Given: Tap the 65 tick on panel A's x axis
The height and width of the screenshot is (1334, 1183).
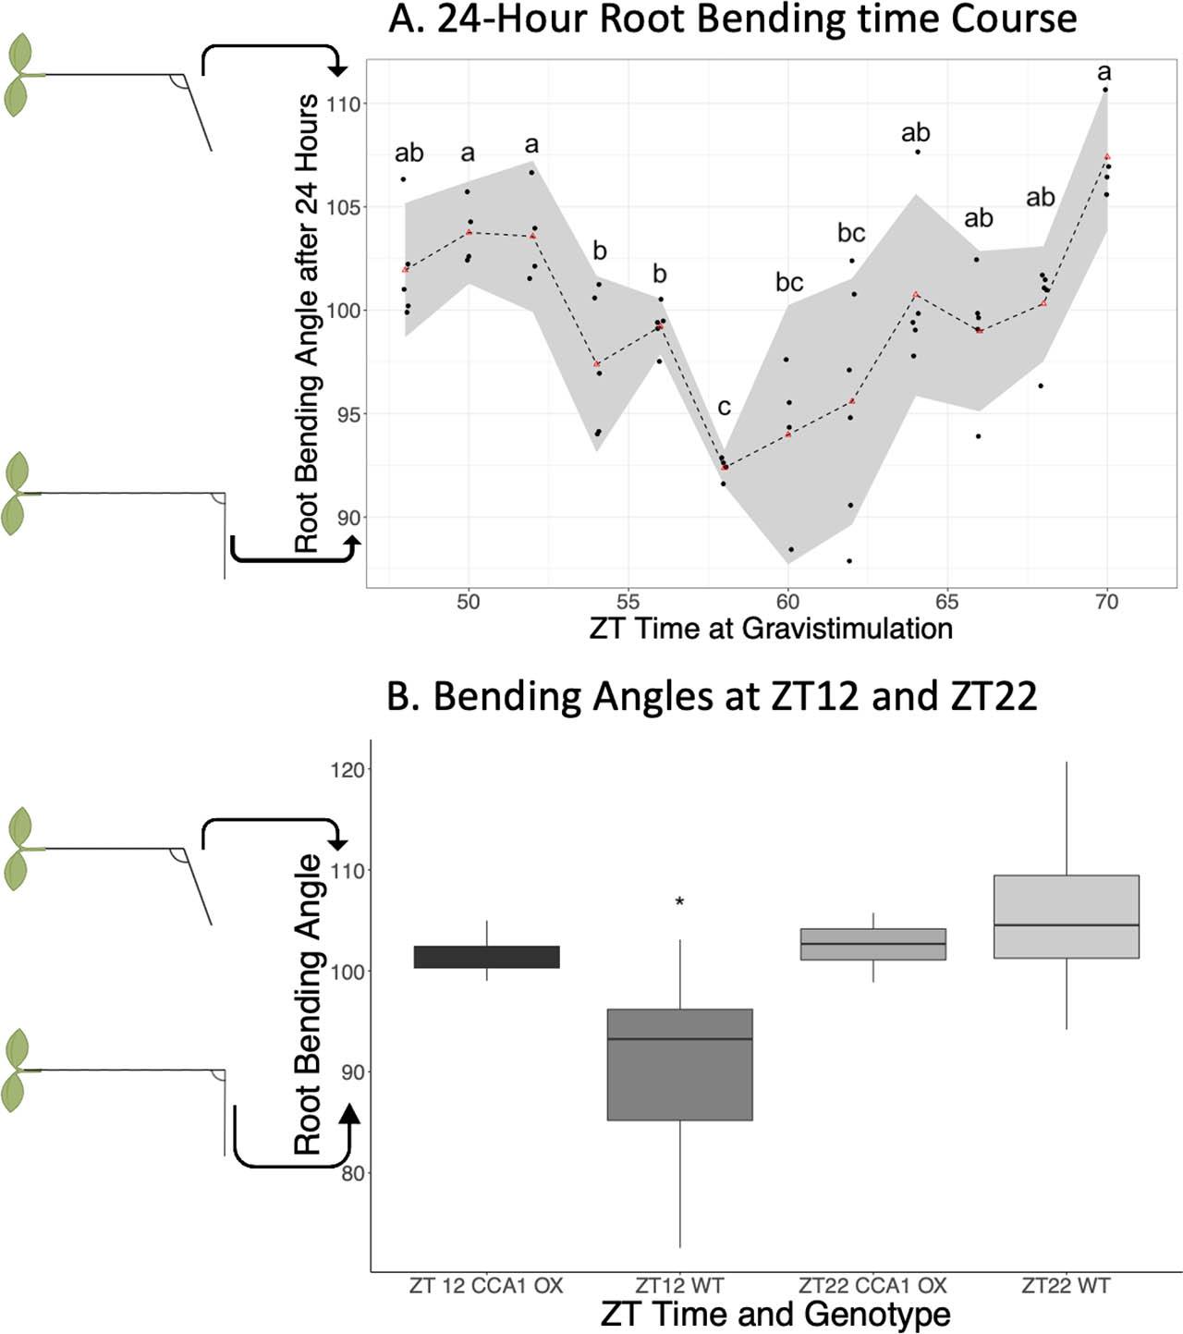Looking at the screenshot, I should [946, 602].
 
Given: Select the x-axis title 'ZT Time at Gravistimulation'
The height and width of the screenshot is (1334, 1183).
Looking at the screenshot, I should [771, 629].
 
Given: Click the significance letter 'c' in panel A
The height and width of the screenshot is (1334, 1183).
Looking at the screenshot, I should [724, 407].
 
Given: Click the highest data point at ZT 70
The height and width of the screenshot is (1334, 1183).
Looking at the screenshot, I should [1104, 90].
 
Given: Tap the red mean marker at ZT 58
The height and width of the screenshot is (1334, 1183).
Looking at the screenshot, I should [724, 467].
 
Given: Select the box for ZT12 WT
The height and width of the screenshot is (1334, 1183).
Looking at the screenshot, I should [679, 1064].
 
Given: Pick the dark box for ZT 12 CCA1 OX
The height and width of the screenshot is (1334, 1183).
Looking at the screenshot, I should [486, 957].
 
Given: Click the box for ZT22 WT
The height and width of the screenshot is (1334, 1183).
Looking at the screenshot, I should [1066, 916].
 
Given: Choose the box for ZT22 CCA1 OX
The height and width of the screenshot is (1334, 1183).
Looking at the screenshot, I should [872, 944].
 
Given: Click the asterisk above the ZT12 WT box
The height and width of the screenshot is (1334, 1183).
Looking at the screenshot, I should [679, 902].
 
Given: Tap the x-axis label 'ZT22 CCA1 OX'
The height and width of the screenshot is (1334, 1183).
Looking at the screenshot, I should [872, 1286].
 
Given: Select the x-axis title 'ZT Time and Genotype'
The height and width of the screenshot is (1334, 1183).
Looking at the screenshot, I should [774, 1314].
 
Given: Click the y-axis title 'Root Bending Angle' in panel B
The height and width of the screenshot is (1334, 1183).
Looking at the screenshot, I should [308, 1005].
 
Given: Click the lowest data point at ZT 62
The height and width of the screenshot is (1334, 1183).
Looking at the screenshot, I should [849, 560].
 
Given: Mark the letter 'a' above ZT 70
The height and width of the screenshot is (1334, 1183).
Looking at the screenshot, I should [1104, 72].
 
